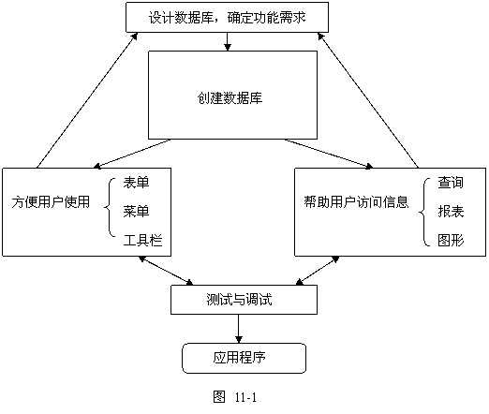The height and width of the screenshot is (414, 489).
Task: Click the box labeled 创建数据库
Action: [232, 95]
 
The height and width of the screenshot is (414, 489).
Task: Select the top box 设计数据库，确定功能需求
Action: [227, 17]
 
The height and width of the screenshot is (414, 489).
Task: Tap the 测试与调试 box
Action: [244, 300]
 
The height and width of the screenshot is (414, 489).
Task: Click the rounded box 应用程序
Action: [244, 358]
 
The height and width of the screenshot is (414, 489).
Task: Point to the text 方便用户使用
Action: [51, 202]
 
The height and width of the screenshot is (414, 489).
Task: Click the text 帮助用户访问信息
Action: [356, 202]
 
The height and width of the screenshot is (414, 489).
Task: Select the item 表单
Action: [136, 183]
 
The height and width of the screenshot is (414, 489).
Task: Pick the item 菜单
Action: [136, 212]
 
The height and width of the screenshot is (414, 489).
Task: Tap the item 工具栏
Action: [142, 241]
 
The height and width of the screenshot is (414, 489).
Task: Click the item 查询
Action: [451, 183]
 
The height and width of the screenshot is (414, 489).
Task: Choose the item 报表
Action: [451, 212]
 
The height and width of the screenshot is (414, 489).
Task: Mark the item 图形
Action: [451, 241]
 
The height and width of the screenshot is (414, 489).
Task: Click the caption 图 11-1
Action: [235, 397]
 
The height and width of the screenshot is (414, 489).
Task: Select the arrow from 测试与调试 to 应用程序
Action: [239, 329]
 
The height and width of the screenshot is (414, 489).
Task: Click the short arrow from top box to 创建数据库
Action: [228, 41]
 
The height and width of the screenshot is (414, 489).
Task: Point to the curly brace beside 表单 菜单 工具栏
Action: [110, 207]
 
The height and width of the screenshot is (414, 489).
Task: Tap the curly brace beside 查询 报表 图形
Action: [424, 213]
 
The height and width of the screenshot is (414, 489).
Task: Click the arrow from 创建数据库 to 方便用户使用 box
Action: [132, 154]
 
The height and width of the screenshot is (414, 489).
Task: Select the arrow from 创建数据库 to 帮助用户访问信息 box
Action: [329, 154]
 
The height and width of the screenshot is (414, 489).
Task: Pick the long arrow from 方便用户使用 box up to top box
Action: [87, 100]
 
